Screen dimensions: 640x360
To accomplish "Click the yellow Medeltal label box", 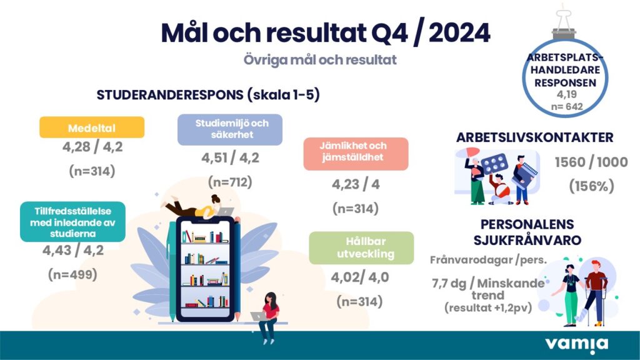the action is (92, 127).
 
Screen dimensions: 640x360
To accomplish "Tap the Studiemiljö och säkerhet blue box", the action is (230, 129).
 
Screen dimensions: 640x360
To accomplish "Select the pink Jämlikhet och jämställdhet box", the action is (356, 154).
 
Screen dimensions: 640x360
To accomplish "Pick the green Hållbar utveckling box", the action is (361, 247).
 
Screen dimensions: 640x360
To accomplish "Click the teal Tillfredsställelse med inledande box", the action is (72, 222).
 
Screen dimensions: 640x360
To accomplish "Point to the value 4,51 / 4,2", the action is (230, 157).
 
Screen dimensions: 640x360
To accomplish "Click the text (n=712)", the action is (230, 182).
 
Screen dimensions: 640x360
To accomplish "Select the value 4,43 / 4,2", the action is (73, 250).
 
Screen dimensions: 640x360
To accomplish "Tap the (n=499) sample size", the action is (72, 274).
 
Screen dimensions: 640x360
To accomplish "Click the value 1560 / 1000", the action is (591, 162).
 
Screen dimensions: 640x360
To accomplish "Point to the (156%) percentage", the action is (591, 186).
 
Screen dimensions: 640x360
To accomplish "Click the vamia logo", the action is (576, 345).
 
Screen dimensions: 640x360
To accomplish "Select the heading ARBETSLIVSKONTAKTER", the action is (535, 137).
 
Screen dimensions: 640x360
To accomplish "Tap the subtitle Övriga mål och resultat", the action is (320, 59).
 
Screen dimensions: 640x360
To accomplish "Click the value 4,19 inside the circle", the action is (566, 94).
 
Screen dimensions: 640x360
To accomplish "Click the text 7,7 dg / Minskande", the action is (488, 283).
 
